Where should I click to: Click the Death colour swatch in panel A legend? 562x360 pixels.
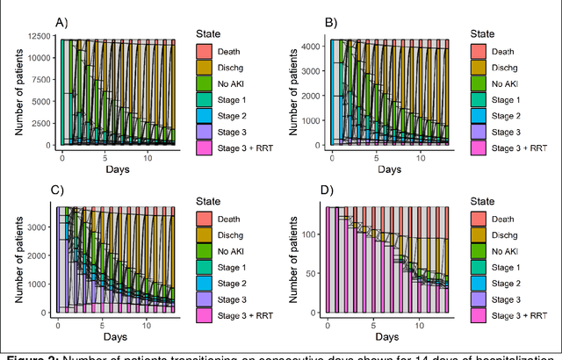click(205, 52)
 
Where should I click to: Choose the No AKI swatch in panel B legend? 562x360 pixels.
click(479, 83)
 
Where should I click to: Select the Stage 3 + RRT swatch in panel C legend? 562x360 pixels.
click(205, 314)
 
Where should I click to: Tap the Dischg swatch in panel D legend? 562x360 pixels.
click(479, 235)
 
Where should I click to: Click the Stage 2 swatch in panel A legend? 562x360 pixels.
click(205, 115)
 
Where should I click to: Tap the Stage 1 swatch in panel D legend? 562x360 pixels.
click(479, 267)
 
